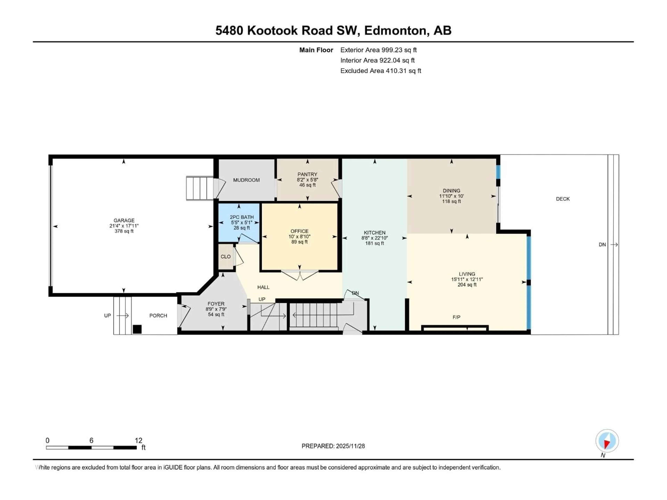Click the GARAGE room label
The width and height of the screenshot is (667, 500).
(x=124, y=220)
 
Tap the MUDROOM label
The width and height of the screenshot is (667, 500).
(x=246, y=180)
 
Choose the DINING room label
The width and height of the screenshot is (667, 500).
(x=451, y=190)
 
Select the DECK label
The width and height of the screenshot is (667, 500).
(x=563, y=199)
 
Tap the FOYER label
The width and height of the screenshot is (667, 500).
(x=216, y=304)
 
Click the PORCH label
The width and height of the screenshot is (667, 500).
(x=158, y=316)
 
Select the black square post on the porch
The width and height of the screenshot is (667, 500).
(x=137, y=329)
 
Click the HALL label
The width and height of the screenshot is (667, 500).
(x=263, y=287)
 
